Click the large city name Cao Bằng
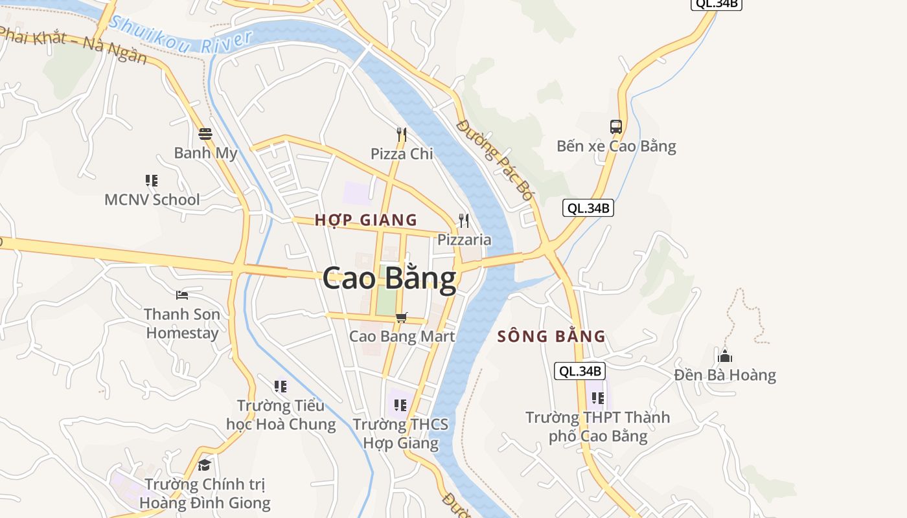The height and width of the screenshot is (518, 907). [x=389, y=279]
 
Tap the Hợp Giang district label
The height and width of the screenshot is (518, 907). [x=366, y=220]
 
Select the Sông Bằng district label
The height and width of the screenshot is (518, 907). [x=551, y=337]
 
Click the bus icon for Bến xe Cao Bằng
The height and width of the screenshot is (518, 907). [x=615, y=127]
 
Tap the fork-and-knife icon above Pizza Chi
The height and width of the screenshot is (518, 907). [x=402, y=135]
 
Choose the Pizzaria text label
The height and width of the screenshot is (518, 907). [x=464, y=240]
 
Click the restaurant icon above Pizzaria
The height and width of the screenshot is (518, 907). [x=464, y=221]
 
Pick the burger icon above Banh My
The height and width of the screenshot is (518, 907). [x=205, y=134]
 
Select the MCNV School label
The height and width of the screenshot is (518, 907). [x=152, y=199]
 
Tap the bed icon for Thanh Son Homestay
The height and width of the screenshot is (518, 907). [x=182, y=295]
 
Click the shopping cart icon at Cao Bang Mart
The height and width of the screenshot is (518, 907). [x=402, y=317]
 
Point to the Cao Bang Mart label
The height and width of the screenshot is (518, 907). [x=402, y=337]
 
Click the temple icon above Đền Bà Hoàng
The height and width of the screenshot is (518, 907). [x=725, y=356]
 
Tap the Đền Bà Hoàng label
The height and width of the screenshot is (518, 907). [x=725, y=375]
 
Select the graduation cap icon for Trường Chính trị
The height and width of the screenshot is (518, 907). [x=205, y=465]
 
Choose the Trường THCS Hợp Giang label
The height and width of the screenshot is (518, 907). [x=400, y=434]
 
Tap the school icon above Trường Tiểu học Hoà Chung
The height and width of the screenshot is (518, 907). [x=281, y=387]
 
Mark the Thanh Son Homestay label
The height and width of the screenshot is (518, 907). [x=182, y=324]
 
